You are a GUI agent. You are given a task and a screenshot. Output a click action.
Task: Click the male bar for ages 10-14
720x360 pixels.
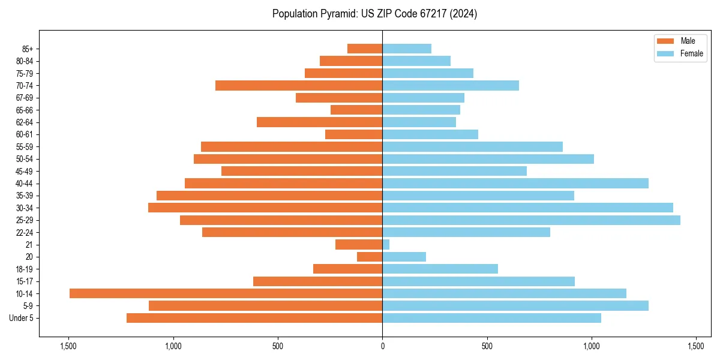tap(226, 293)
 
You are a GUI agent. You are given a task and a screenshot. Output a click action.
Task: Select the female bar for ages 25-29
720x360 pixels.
tap(531, 220)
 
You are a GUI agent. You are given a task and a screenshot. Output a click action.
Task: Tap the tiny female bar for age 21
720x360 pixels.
tap(386, 245)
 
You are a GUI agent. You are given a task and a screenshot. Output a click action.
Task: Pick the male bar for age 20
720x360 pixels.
tap(370, 257)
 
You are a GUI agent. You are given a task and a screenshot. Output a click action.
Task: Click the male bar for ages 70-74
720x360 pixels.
tap(299, 86)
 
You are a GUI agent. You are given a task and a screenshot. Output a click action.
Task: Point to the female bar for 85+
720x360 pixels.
tap(407, 49)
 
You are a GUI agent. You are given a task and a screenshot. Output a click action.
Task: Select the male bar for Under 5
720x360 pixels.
tap(254, 318)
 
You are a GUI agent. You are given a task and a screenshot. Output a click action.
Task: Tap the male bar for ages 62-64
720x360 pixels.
tap(319, 122)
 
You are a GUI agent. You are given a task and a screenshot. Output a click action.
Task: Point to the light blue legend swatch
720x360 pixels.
tap(666, 53)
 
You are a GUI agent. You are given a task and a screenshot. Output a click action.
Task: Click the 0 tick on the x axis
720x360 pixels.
tap(382, 346)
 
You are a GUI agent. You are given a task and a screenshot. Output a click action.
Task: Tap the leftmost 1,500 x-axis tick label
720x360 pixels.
tap(68, 346)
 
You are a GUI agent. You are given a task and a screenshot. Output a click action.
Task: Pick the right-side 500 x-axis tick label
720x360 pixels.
tap(487, 346)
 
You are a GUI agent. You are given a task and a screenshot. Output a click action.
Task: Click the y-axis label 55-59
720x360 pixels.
tap(25, 147)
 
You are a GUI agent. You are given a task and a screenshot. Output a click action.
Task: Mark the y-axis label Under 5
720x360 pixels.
tap(22, 318)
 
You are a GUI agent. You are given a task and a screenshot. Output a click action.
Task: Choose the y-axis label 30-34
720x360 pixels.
tap(25, 208)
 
